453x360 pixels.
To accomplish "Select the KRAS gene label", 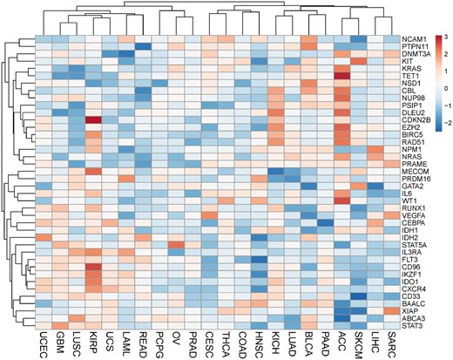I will pyautogui.click(x=412, y=66).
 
